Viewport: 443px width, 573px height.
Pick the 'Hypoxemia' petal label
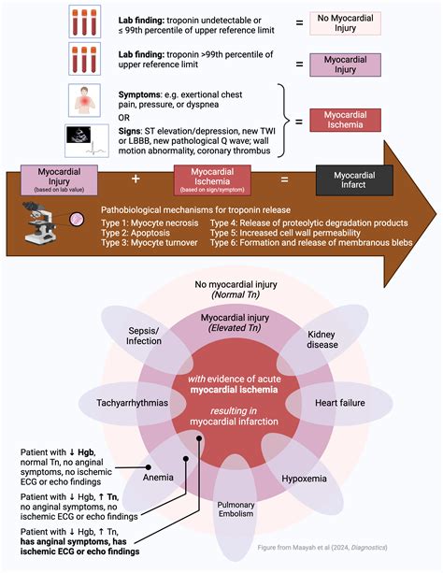(x=307, y=476)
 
